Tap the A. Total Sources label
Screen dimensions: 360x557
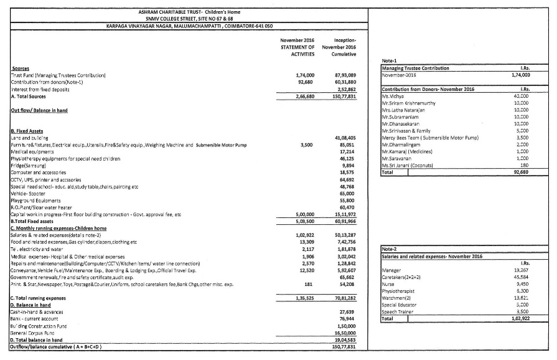[30, 97]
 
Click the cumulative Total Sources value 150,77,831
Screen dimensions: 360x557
[344, 97]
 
